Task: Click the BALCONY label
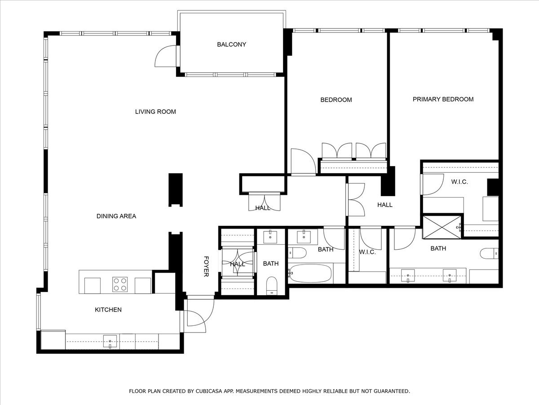tap(231, 44)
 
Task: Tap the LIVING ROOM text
tap(155, 112)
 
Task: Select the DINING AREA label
tap(116, 216)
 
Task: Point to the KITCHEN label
tap(108, 310)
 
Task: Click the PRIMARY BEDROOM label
tap(443, 99)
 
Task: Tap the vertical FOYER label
tap(206, 266)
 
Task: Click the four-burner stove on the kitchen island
tap(120, 285)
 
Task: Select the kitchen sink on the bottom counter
tap(110, 341)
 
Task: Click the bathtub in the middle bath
tap(310, 273)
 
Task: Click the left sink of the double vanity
tap(408, 275)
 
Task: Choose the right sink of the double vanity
tap(449, 275)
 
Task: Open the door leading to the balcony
tap(167, 56)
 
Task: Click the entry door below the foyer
tap(196, 315)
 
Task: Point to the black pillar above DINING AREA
tap(176, 190)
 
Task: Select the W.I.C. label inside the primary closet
tap(459, 182)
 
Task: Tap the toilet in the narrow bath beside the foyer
tap(271, 286)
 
